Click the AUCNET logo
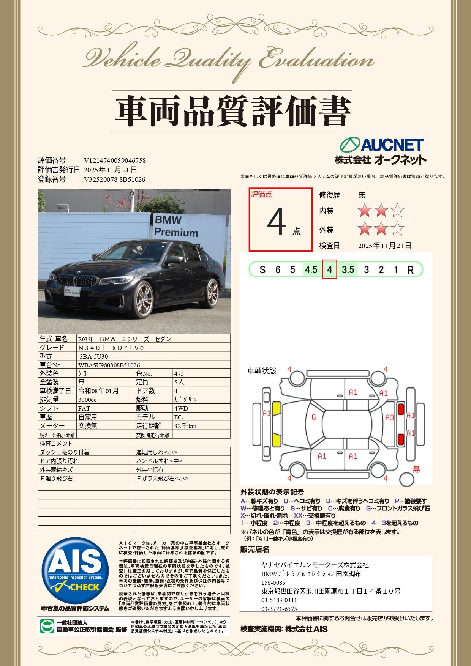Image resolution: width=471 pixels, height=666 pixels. coord(381,145)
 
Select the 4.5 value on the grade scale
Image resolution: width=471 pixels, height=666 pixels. coord(311,270)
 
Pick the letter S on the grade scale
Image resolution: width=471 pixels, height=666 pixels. coord(262,270)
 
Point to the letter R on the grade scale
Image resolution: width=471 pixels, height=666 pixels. coord(411,270)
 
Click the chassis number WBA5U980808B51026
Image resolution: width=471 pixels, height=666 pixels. coord(109,365)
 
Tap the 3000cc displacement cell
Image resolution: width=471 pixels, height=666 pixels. coord(87,400)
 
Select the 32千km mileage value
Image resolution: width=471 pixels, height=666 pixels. coord(185,426)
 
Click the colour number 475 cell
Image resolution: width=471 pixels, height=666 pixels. coord(179,373)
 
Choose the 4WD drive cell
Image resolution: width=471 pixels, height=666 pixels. coord(181,408)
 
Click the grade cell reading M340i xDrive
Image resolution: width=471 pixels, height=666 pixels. coord(111,348)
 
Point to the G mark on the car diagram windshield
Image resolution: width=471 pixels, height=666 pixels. coord(314,417)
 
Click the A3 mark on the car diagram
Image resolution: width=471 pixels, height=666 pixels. coord(389,417)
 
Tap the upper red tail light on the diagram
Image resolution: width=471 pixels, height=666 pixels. coord(400,410)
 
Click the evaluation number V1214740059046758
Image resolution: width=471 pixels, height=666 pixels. coord(115,161)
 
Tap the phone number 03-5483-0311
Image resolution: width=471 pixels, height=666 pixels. coord(279,600)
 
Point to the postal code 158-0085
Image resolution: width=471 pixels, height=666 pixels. coord(273,583)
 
